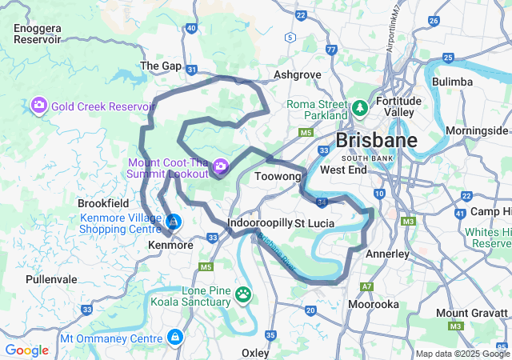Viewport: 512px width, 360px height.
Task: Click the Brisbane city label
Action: point(376,141)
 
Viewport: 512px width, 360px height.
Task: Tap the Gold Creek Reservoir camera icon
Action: point(38,106)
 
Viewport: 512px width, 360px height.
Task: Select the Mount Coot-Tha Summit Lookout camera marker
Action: point(220,167)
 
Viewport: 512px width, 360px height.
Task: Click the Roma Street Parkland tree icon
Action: point(360,107)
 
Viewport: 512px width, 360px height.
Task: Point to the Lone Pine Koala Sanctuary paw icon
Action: point(243,296)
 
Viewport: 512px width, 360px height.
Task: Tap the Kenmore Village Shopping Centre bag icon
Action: point(174,222)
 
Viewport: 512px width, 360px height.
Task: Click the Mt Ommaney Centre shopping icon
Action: point(174,338)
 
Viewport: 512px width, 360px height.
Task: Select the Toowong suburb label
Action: point(277,175)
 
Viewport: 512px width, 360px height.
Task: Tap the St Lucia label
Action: point(314,222)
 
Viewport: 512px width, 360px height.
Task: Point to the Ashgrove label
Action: point(297,74)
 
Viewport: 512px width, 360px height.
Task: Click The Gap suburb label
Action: point(161,66)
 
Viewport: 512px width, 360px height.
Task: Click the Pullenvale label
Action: point(51,279)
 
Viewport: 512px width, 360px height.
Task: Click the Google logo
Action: point(26,350)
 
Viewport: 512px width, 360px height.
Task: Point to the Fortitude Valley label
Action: point(398,106)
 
